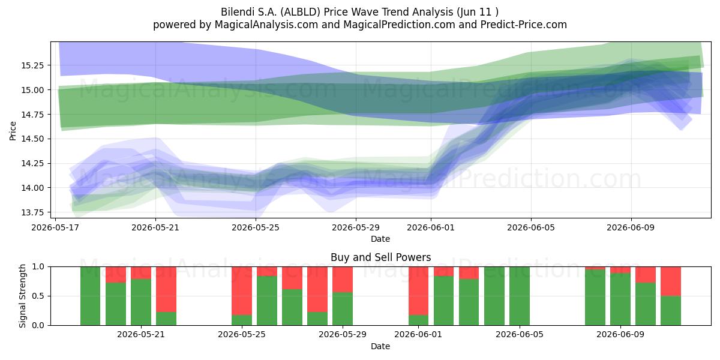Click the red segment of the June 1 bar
(419, 291)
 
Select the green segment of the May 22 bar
(166, 319)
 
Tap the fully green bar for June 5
(520, 296)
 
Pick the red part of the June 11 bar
(671, 281)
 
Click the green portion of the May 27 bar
(292, 307)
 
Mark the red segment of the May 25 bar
(242, 291)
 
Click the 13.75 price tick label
(32, 212)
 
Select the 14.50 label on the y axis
(32, 139)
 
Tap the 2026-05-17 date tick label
(55, 227)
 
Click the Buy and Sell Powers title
(380, 257)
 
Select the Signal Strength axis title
(22, 296)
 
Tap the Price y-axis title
(13, 131)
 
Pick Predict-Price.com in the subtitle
(524, 25)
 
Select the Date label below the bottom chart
(380, 346)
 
